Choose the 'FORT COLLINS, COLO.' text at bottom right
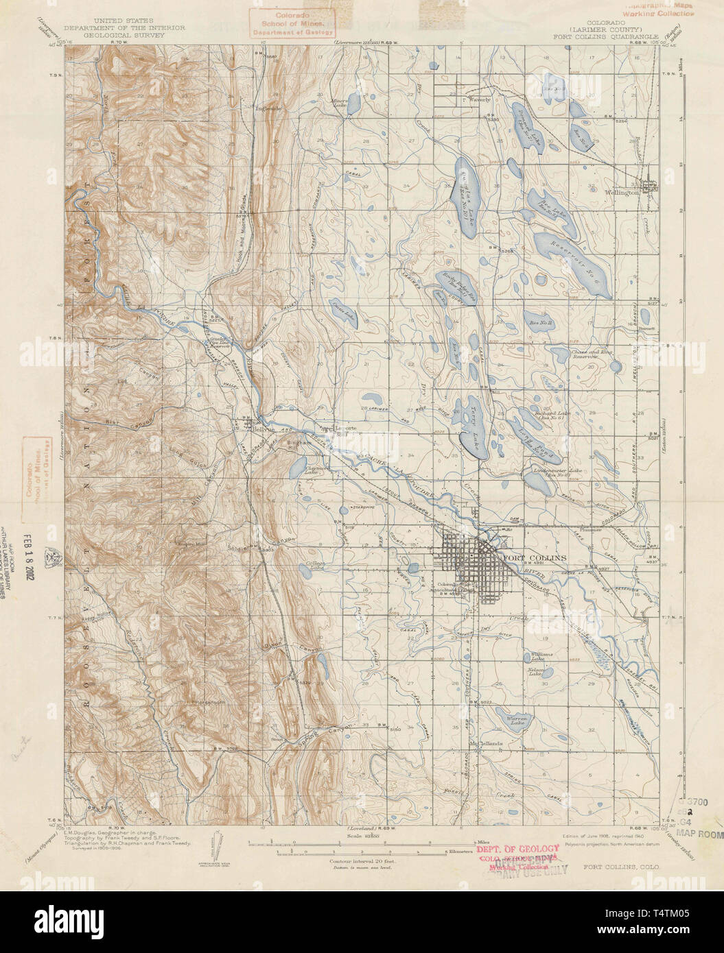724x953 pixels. [622, 867]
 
